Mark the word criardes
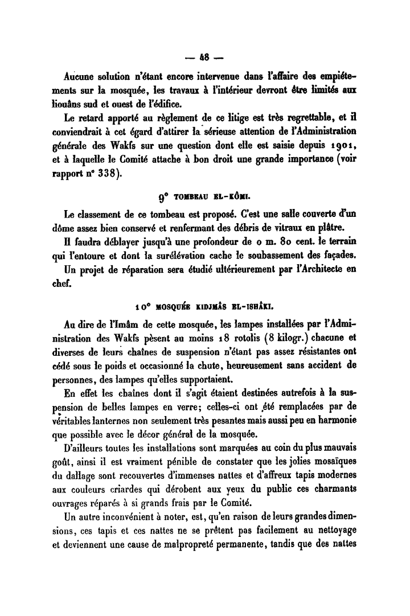coord(135,490)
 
